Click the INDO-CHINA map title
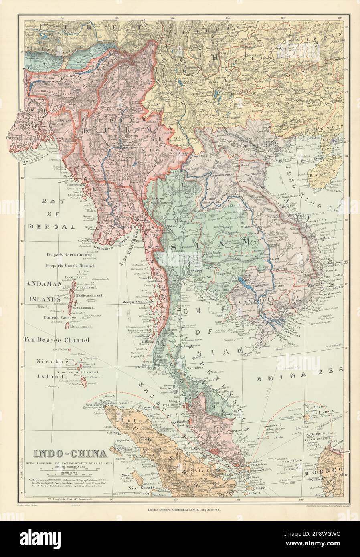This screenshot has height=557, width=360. pyautogui.click(x=70, y=454)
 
